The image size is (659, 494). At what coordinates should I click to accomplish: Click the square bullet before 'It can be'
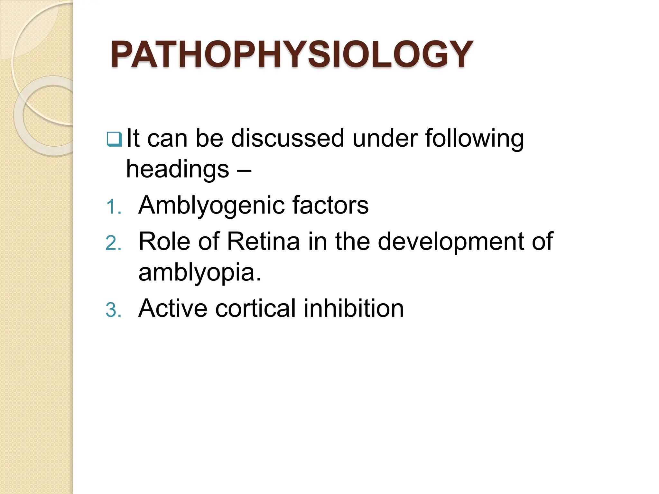point(114,139)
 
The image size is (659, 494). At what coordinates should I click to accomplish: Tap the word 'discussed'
point(288,138)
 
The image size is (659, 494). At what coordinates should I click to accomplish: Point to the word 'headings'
point(178,170)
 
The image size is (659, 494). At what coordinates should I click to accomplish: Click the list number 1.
point(113,207)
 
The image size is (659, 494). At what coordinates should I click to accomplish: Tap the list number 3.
point(113,310)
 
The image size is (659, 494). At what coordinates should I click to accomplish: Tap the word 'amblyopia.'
point(200,273)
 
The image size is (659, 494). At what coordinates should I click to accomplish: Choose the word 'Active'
point(173,308)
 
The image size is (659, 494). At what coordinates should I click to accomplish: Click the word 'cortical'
point(255,308)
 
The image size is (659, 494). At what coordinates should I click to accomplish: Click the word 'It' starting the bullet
point(133,138)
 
